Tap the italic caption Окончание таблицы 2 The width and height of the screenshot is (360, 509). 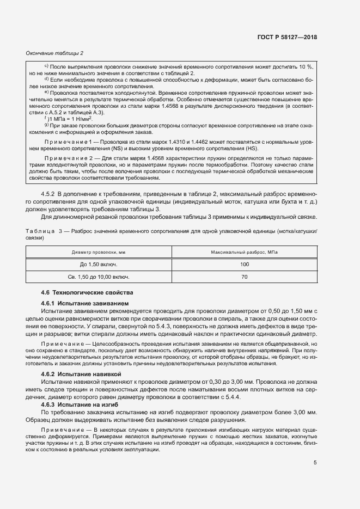point(54,53)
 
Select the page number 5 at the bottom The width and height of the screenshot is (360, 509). point(315,463)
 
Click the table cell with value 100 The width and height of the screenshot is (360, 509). point(244,264)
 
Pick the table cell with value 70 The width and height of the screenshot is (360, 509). point(244,277)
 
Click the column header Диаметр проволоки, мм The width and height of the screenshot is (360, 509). point(99,252)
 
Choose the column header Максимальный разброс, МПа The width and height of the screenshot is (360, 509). point(244,252)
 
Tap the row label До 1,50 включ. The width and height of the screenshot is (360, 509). point(99,264)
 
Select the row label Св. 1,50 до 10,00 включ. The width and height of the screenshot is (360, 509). point(99,277)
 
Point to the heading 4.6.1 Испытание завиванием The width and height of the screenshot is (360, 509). point(84,303)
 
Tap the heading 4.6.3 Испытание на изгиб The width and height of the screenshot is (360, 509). point(80,405)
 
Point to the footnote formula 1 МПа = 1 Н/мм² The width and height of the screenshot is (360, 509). point(71,118)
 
